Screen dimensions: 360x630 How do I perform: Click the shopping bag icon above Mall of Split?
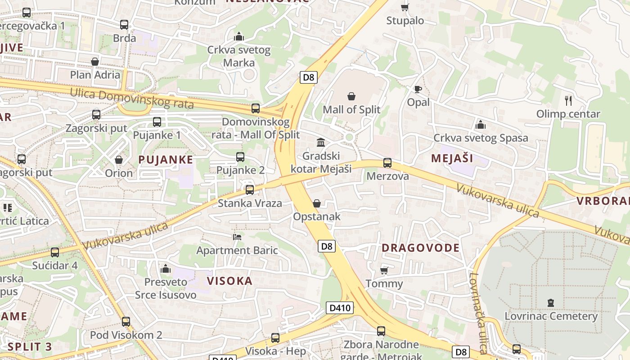click(x=351, y=96)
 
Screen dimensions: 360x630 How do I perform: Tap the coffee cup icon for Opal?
click(x=418, y=89)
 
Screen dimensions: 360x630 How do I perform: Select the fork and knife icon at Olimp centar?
click(x=568, y=101)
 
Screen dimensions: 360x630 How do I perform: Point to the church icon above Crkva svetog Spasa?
click(x=481, y=125)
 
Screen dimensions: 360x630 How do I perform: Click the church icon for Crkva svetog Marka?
click(x=239, y=36)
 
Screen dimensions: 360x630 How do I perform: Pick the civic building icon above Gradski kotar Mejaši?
click(x=321, y=143)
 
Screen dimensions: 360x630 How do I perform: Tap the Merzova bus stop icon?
click(x=387, y=163)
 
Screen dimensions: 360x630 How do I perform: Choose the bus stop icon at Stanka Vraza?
click(x=250, y=190)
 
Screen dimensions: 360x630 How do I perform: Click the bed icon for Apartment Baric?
click(x=237, y=237)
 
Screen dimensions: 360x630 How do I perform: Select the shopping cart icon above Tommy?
click(x=384, y=270)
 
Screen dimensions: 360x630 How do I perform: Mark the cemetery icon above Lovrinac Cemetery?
click(x=551, y=302)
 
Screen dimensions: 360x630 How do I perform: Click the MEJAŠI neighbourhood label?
click(x=452, y=158)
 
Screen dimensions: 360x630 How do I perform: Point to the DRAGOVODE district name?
click(x=421, y=247)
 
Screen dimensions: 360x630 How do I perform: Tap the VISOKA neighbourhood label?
click(x=229, y=281)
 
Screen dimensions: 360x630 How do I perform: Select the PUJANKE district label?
click(x=166, y=159)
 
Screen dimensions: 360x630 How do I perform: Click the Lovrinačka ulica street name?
click(x=478, y=313)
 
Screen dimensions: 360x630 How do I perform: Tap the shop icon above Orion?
click(x=119, y=160)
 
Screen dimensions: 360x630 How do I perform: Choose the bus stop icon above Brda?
click(x=124, y=25)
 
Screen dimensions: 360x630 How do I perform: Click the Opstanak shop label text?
click(x=317, y=216)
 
